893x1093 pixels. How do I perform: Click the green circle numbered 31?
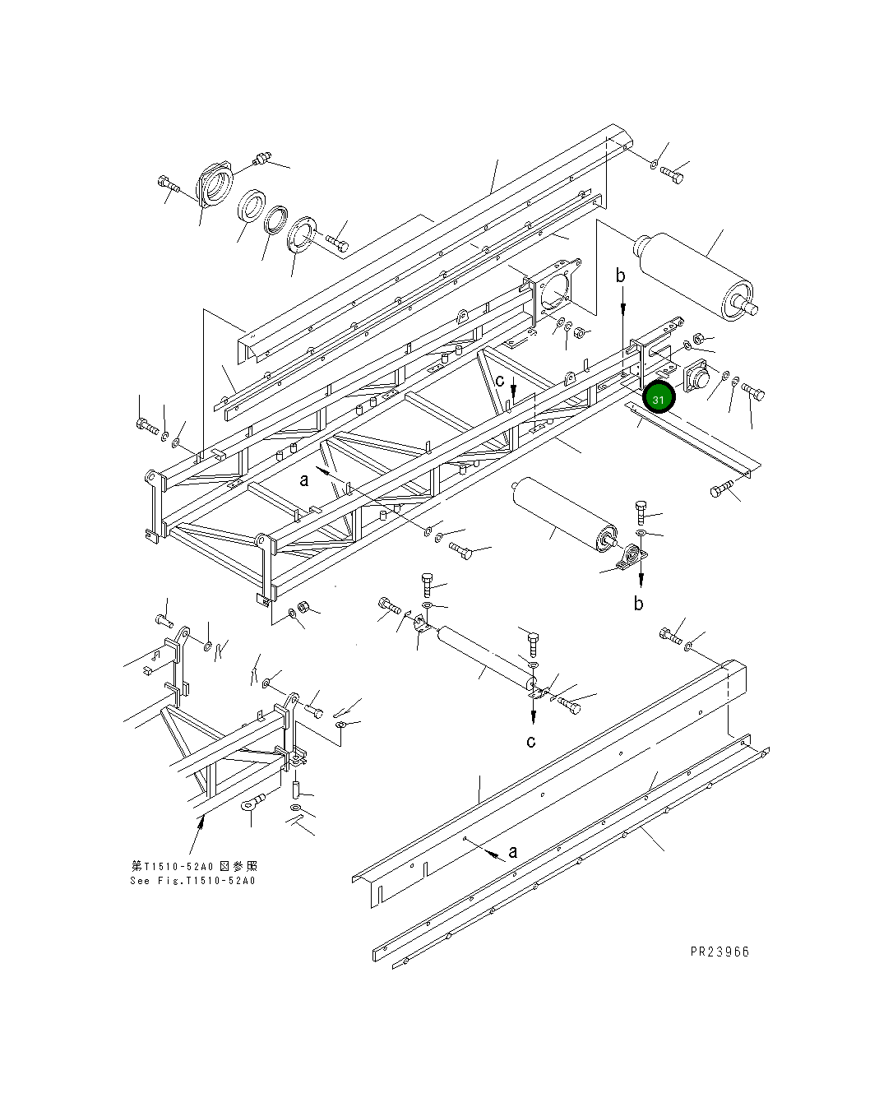(659, 398)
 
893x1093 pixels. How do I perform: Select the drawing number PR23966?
(719, 952)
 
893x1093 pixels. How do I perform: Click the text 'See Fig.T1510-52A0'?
(193, 880)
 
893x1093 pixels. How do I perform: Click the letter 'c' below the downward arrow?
(532, 741)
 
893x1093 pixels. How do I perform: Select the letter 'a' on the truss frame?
(304, 479)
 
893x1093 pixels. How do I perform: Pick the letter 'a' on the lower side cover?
(513, 851)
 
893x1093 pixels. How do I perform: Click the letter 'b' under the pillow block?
(639, 603)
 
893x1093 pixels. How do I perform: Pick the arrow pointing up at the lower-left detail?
(196, 838)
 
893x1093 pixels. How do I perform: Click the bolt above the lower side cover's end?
(672, 636)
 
